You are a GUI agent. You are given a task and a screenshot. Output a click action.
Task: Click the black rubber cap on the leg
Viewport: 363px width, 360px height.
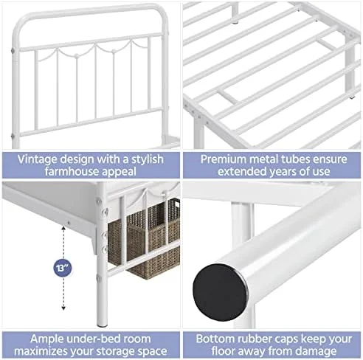[220, 292]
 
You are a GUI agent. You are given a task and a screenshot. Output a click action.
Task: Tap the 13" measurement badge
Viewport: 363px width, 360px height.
[63, 268]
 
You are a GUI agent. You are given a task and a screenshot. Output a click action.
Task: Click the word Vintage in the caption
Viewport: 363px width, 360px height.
[37, 159]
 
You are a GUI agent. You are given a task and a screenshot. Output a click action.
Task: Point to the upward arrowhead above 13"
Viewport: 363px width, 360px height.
[63, 228]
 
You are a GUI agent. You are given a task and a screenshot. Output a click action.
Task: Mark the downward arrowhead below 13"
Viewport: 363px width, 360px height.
[63, 308]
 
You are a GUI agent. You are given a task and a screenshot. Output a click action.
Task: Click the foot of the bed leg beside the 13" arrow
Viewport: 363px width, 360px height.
[102, 325]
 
